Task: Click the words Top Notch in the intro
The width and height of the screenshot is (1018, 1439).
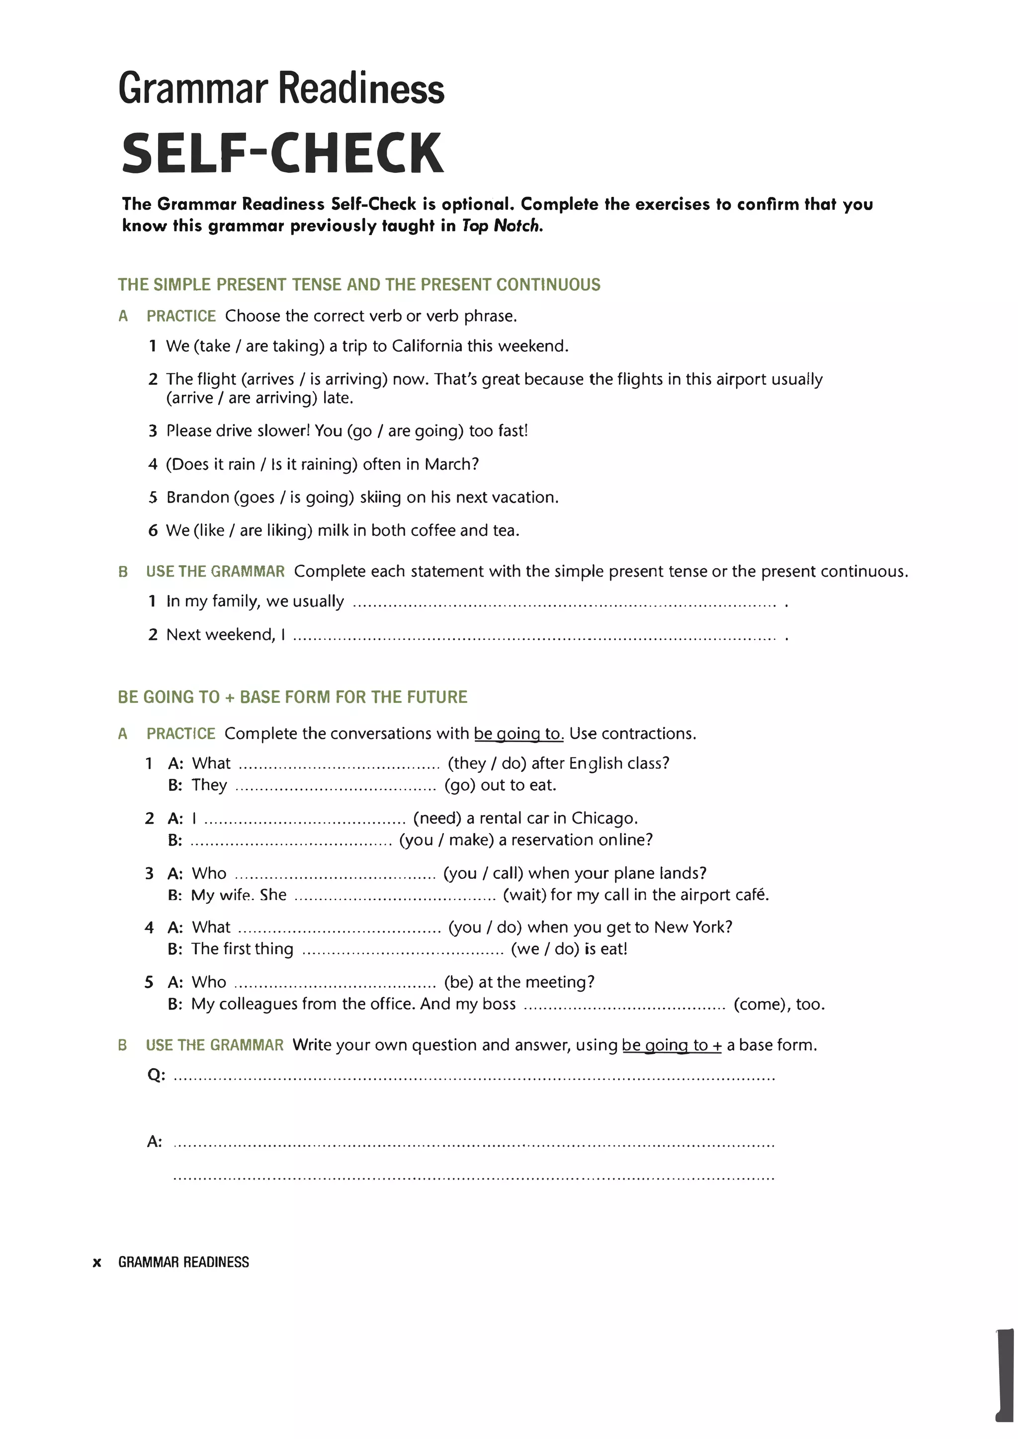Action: [x=502, y=226]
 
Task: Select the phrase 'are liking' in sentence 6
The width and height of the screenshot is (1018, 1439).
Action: [x=276, y=531]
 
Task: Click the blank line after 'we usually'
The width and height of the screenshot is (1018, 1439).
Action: [x=564, y=604]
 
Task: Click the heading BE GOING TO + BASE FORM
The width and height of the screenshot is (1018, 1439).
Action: [x=292, y=697]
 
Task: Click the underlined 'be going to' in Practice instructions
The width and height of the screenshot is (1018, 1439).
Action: [x=518, y=734]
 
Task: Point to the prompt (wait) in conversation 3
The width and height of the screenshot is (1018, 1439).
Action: [x=525, y=895]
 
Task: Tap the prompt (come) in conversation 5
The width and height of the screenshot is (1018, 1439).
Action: [x=760, y=1005]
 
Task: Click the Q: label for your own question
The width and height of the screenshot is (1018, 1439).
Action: [x=156, y=1076]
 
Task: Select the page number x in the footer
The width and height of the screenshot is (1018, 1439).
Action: [x=96, y=1262]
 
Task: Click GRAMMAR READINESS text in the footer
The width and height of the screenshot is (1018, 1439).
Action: [x=183, y=1262]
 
